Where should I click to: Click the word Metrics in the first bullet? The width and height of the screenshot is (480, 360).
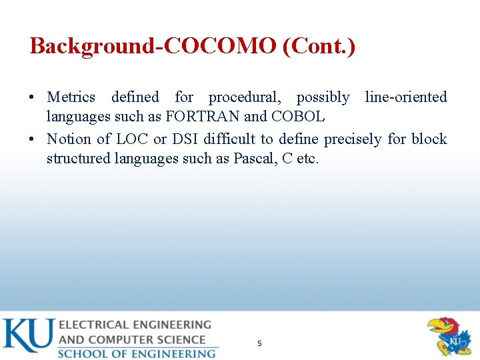click(71, 97)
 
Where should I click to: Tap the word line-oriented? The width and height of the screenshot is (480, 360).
click(406, 97)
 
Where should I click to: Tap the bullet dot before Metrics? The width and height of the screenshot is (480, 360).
click(33, 97)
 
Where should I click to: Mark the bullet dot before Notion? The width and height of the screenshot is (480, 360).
click(33, 139)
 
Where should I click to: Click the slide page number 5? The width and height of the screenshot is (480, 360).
click(259, 343)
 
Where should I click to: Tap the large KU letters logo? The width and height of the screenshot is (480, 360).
click(27, 336)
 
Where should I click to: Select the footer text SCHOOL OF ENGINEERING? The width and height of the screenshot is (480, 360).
click(137, 353)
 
